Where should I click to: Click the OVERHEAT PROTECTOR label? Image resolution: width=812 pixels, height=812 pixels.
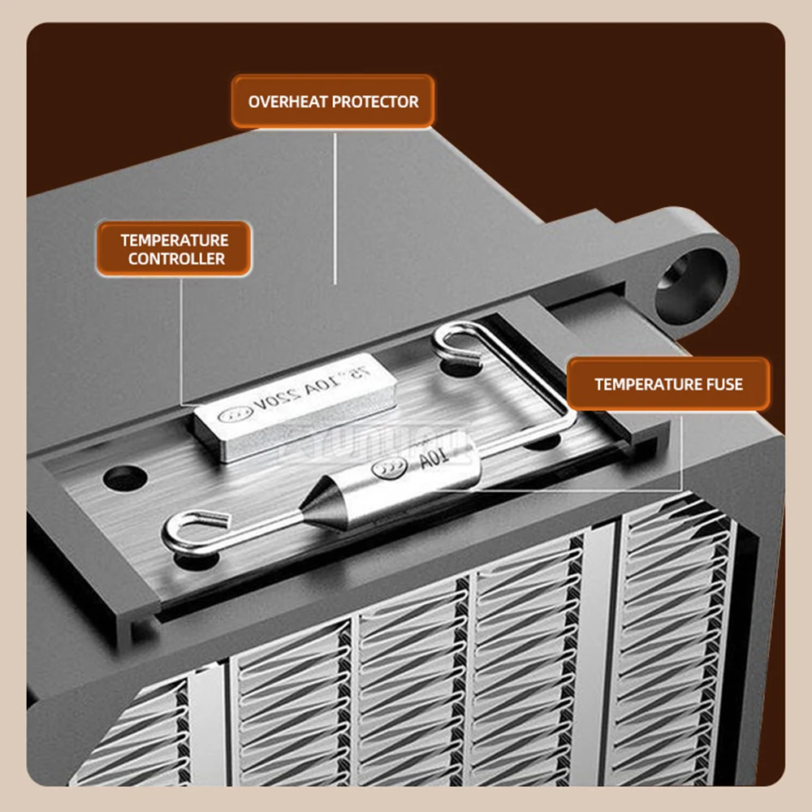pos(333,101)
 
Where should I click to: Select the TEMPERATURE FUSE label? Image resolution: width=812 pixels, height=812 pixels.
pos(667,384)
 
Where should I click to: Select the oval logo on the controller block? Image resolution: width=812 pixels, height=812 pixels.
pos(231,414)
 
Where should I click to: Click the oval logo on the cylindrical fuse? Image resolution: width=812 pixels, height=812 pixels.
pos(390,469)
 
